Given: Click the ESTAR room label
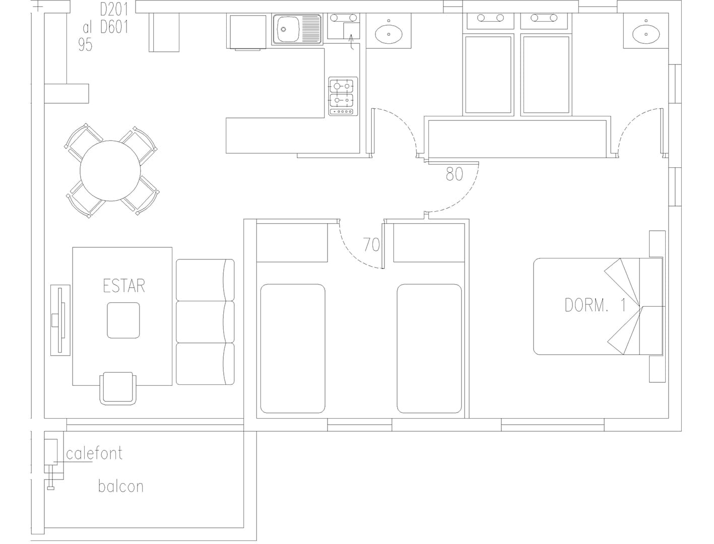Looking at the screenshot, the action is click(124, 286).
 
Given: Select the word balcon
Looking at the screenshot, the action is click(121, 487).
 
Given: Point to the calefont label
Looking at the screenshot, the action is click(94, 453).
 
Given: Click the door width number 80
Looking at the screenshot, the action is click(455, 174).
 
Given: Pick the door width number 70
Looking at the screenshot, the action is click(371, 245).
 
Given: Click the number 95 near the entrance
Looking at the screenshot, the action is click(85, 44).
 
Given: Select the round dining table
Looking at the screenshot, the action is click(110, 171).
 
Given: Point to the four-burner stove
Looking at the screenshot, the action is click(343, 96).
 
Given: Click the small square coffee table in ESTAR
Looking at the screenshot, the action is click(123, 320).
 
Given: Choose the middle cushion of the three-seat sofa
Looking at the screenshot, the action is click(205, 322).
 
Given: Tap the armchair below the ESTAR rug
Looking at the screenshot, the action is click(118, 388).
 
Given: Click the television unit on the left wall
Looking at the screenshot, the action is click(60, 320).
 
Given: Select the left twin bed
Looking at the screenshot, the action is click(293, 349).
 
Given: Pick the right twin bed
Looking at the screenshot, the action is click(429, 349).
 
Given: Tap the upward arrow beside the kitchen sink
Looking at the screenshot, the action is click(351, 42).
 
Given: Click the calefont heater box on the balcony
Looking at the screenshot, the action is click(51, 452).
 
